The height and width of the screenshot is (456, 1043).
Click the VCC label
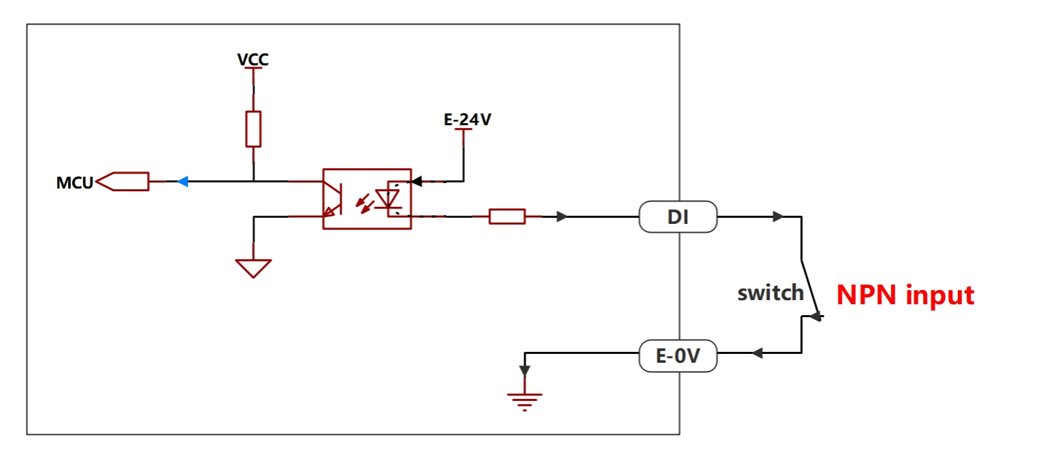pyautogui.click(x=253, y=60)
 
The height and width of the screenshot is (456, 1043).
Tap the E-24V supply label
pyautogui.click(x=468, y=120)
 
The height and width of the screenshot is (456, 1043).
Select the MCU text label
pyautogui.click(x=74, y=182)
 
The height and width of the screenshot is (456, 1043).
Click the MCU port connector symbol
pyautogui.click(x=123, y=182)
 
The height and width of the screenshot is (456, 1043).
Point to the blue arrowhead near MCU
pyautogui.click(x=183, y=182)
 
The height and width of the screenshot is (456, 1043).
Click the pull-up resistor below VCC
pyautogui.click(x=253, y=129)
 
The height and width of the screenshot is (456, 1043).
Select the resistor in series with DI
pyautogui.click(x=507, y=216)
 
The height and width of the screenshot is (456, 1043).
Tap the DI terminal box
pyautogui.click(x=678, y=217)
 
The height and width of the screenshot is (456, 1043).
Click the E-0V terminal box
pyautogui.click(x=678, y=356)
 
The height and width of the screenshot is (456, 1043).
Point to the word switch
pyautogui.click(x=771, y=293)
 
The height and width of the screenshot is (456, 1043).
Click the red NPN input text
pyautogui.click(x=905, y=295)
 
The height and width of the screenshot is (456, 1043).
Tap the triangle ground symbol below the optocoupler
pyautogui.click(x=253, y=268)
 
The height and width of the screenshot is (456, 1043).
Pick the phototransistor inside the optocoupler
pyautogui.click(x=333, y=199)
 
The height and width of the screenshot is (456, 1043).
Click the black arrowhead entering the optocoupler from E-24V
pyautogui.click(x=417, y=182)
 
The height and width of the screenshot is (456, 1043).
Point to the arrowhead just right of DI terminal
pyautogui.click(x=778, y=217)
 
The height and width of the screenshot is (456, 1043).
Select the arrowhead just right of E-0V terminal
pyautogui.click(x=758, y=353)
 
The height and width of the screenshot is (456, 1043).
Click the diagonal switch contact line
pyautogui.click(x=811, y=289)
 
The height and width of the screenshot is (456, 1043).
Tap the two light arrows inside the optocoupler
pyautogui.click(x=365, y=203)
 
